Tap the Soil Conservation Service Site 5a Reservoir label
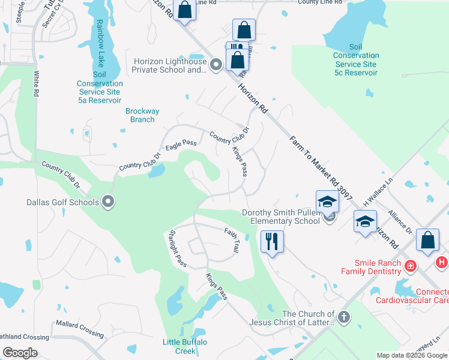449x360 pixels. (x=99, y=88)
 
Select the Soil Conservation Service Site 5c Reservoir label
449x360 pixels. (x=356, y=60)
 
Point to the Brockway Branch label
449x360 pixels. (x=142, y=115)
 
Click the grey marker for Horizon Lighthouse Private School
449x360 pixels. (x=217, y=64)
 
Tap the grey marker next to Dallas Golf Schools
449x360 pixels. (x=108, y=202)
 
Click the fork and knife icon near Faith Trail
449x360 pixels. (x=271, y=241)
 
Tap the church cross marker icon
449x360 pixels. (x=343, y=316)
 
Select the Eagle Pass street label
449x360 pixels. (x=181, y=144)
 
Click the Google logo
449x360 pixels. (x=20, y=353)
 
